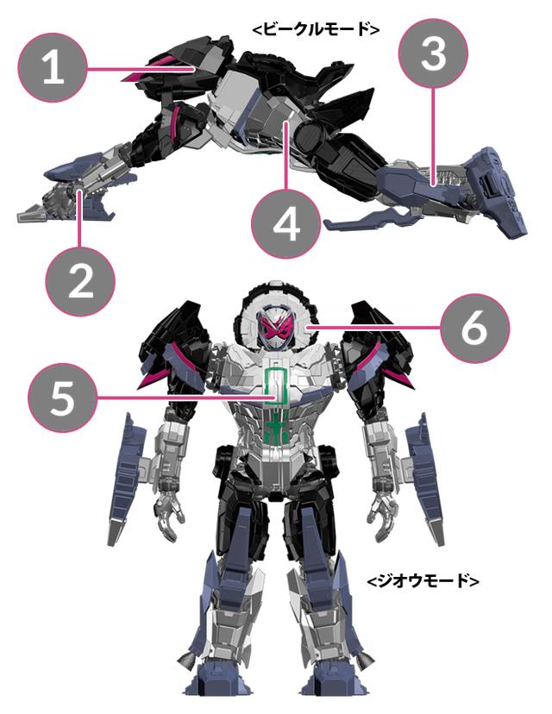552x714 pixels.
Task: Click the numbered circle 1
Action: click(x=53, y=67)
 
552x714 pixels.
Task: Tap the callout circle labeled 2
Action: click(x=80, y=281)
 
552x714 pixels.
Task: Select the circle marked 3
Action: click(x=433, y=53)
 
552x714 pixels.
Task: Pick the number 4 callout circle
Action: click(x=286, y=224)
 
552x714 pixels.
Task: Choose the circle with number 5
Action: click(x=62, y=398)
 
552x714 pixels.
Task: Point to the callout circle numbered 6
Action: click(x=474, y=328)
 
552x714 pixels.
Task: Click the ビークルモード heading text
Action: click(x=316, y=29)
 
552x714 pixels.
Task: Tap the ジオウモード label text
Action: click(x=423, y=581)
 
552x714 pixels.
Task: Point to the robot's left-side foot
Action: click(x=217, y=683)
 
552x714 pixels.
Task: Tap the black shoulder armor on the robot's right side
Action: click(x=378, y=346)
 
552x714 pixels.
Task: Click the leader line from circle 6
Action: click(x=374, y=328)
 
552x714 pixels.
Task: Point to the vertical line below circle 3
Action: click(x=433, y=136)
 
